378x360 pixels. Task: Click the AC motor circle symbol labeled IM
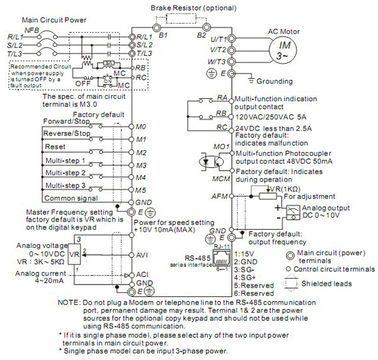285,49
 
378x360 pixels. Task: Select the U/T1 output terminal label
217,38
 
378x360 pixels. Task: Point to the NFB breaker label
30,29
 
